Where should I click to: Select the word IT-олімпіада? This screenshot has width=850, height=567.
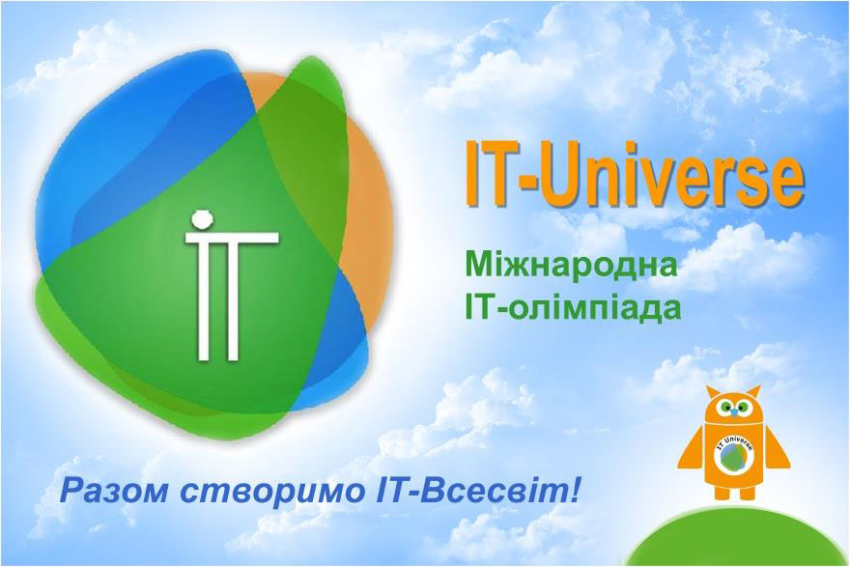[x=573, y=307]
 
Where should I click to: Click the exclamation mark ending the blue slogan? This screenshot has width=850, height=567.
[x=574, y=490]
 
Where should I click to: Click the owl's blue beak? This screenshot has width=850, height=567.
[x=733, y=413]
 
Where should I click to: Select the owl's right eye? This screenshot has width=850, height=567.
[x=744, y=406]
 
